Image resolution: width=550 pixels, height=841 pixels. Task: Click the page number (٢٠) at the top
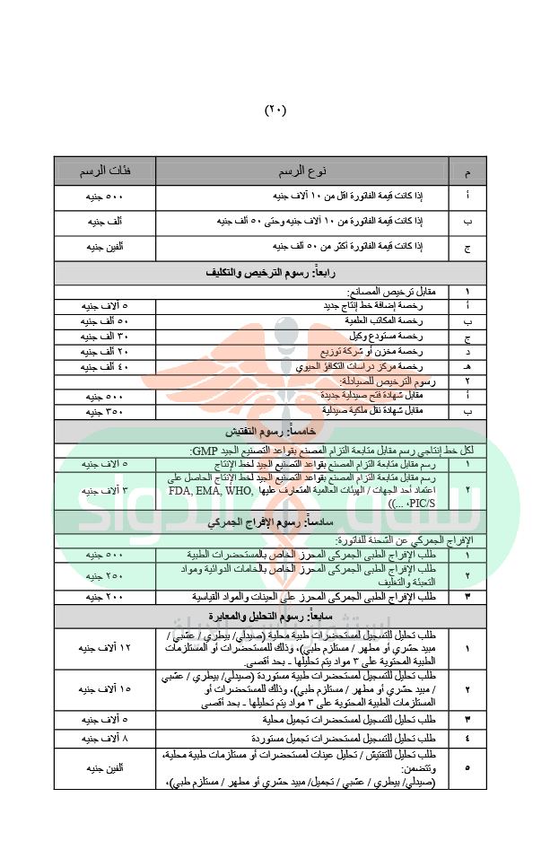[275, 110]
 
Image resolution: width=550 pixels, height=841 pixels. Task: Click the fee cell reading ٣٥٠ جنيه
[105, 410]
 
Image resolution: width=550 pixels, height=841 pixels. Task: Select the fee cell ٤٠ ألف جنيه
[105, 367]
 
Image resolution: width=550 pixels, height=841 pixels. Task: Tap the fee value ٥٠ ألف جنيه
[105, 320]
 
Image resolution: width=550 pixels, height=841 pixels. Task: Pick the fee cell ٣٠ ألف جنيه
[105, 336]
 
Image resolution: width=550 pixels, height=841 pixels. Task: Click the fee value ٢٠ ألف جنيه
[105, 351]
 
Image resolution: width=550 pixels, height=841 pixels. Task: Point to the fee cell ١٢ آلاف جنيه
[105, 647]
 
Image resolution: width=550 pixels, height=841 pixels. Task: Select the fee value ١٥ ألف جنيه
[105, 689]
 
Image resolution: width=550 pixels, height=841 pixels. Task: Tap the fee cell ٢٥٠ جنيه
[105, 575]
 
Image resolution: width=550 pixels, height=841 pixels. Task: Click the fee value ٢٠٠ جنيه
[105, 595]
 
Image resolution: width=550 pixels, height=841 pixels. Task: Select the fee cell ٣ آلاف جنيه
[105, 491]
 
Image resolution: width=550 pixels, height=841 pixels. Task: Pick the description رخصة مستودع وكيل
[359, 336]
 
